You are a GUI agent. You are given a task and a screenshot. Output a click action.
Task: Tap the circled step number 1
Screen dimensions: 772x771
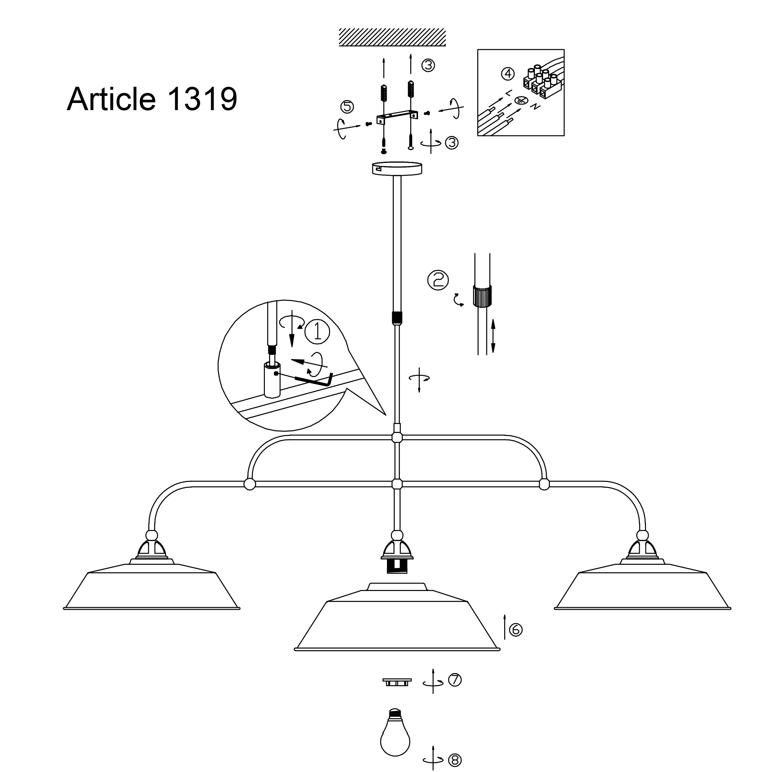click(x=317, y=331)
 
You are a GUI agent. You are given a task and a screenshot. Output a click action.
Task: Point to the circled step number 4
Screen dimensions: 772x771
click(x=508, y=74)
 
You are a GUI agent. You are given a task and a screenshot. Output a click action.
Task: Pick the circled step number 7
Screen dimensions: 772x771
click(x=455, y=680)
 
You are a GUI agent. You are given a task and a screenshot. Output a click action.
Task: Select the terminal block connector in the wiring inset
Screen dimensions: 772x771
click(x=542, y=82)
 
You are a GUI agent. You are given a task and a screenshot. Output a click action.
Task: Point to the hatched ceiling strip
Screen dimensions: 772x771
click(x=392, y=37)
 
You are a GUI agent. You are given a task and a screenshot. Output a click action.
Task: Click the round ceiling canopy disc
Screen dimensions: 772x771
click(x=396, y=168)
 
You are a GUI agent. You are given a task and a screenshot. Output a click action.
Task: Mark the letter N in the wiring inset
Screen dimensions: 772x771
click(x=535, y=107)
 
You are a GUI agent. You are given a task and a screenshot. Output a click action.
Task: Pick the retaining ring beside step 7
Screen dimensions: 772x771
click(x=397, y=681)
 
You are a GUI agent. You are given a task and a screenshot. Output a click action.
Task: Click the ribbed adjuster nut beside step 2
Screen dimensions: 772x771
click(x=482, y=296)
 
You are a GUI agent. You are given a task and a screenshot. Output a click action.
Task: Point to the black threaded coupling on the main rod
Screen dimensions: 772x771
click(x=397, y=318)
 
